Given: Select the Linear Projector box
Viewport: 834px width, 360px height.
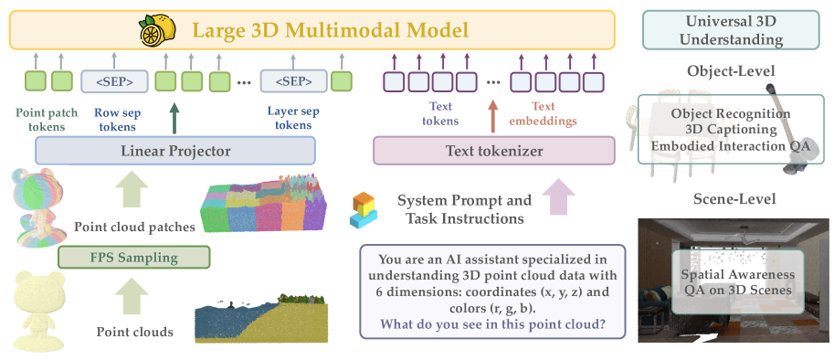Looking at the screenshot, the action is coord(175,151).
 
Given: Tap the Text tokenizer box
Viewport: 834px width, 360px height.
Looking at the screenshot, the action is coord(494,151).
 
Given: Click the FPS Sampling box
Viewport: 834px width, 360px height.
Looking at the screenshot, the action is coord(134,258).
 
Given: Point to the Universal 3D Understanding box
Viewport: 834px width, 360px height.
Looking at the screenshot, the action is coord(731,30).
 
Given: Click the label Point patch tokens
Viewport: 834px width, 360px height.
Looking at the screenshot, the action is coord(47,119).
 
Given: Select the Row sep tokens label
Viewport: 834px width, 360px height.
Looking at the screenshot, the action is coord(117,119).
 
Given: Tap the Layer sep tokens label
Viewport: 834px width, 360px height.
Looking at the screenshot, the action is coord(290,118).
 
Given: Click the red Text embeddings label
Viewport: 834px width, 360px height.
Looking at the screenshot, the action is coord(543,114).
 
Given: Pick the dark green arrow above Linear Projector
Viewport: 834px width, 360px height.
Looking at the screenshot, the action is coord(174,118).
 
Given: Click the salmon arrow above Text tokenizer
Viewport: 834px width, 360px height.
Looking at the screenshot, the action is coord(492,116).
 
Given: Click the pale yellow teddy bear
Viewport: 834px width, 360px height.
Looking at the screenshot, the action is coord(38,311).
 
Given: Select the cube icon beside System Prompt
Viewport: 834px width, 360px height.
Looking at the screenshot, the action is coord(364,210).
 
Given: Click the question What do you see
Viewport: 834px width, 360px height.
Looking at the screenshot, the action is coord(493,323).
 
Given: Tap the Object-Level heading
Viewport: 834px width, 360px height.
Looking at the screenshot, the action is coord(731,70).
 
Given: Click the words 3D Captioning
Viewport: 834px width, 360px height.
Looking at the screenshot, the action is coord(731,129).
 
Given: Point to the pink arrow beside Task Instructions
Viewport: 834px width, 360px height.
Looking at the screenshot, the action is coord(558,196).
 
